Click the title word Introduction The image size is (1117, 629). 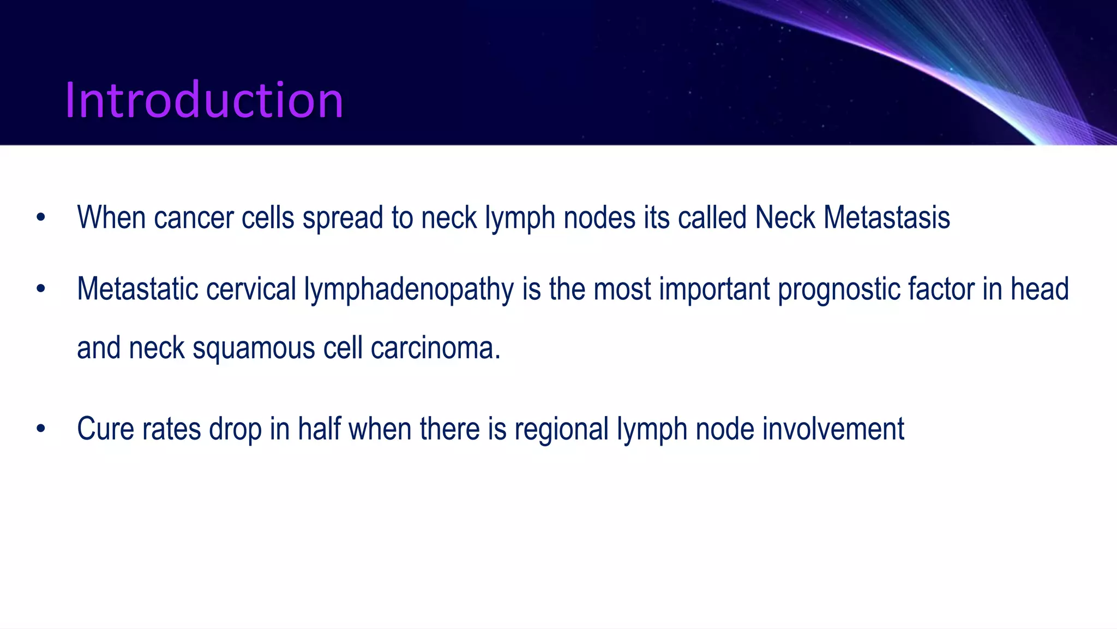pyautogui.click(x=204, y=100)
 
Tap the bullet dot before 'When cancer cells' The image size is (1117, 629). pyautogui.click(x=41, y=218)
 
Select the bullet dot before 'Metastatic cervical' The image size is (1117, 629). pyautogui.click(x=41, y=289)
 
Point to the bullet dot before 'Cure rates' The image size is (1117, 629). pyautogui.click(x=41, y=429)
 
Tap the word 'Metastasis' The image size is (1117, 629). pyautogui.click(x=886, y=218)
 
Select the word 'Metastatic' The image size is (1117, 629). pyautogui.click(x=137, y=289)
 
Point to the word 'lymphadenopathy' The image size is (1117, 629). pyautogui.click(x=409, y=290)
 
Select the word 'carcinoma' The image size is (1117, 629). pyautogui.click(x=433, y=348)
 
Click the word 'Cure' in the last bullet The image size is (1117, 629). pyautogui.click(x=106, y=429)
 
